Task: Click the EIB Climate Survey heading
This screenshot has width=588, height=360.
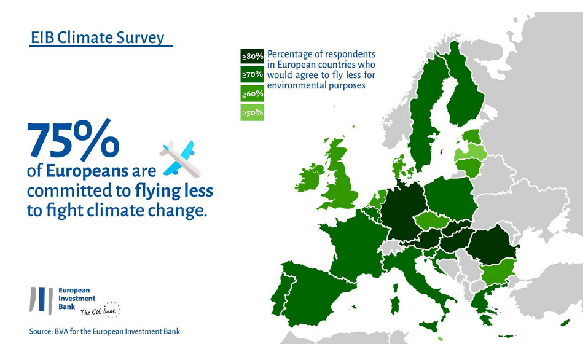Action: click(98, 38)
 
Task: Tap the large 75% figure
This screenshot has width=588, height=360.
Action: click(73, 140)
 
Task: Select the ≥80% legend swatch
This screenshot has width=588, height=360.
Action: click(253, 56)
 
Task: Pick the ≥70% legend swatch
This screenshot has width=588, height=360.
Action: click(253, 75)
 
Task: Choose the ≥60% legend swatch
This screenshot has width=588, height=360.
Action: click(253, 94)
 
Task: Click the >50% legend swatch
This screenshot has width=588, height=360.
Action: click(253, 113)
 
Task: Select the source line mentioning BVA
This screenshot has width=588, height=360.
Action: click(104, 332)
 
